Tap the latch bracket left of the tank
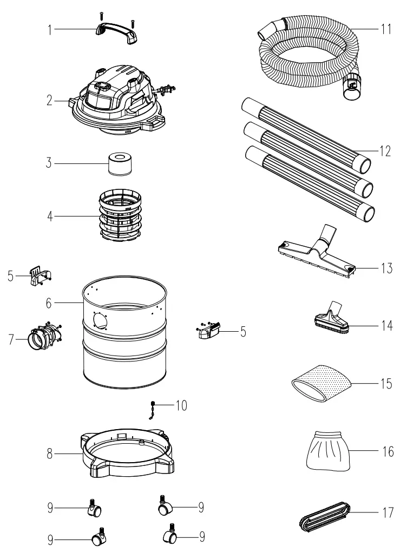pyautogui.click(x=39, y=275)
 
